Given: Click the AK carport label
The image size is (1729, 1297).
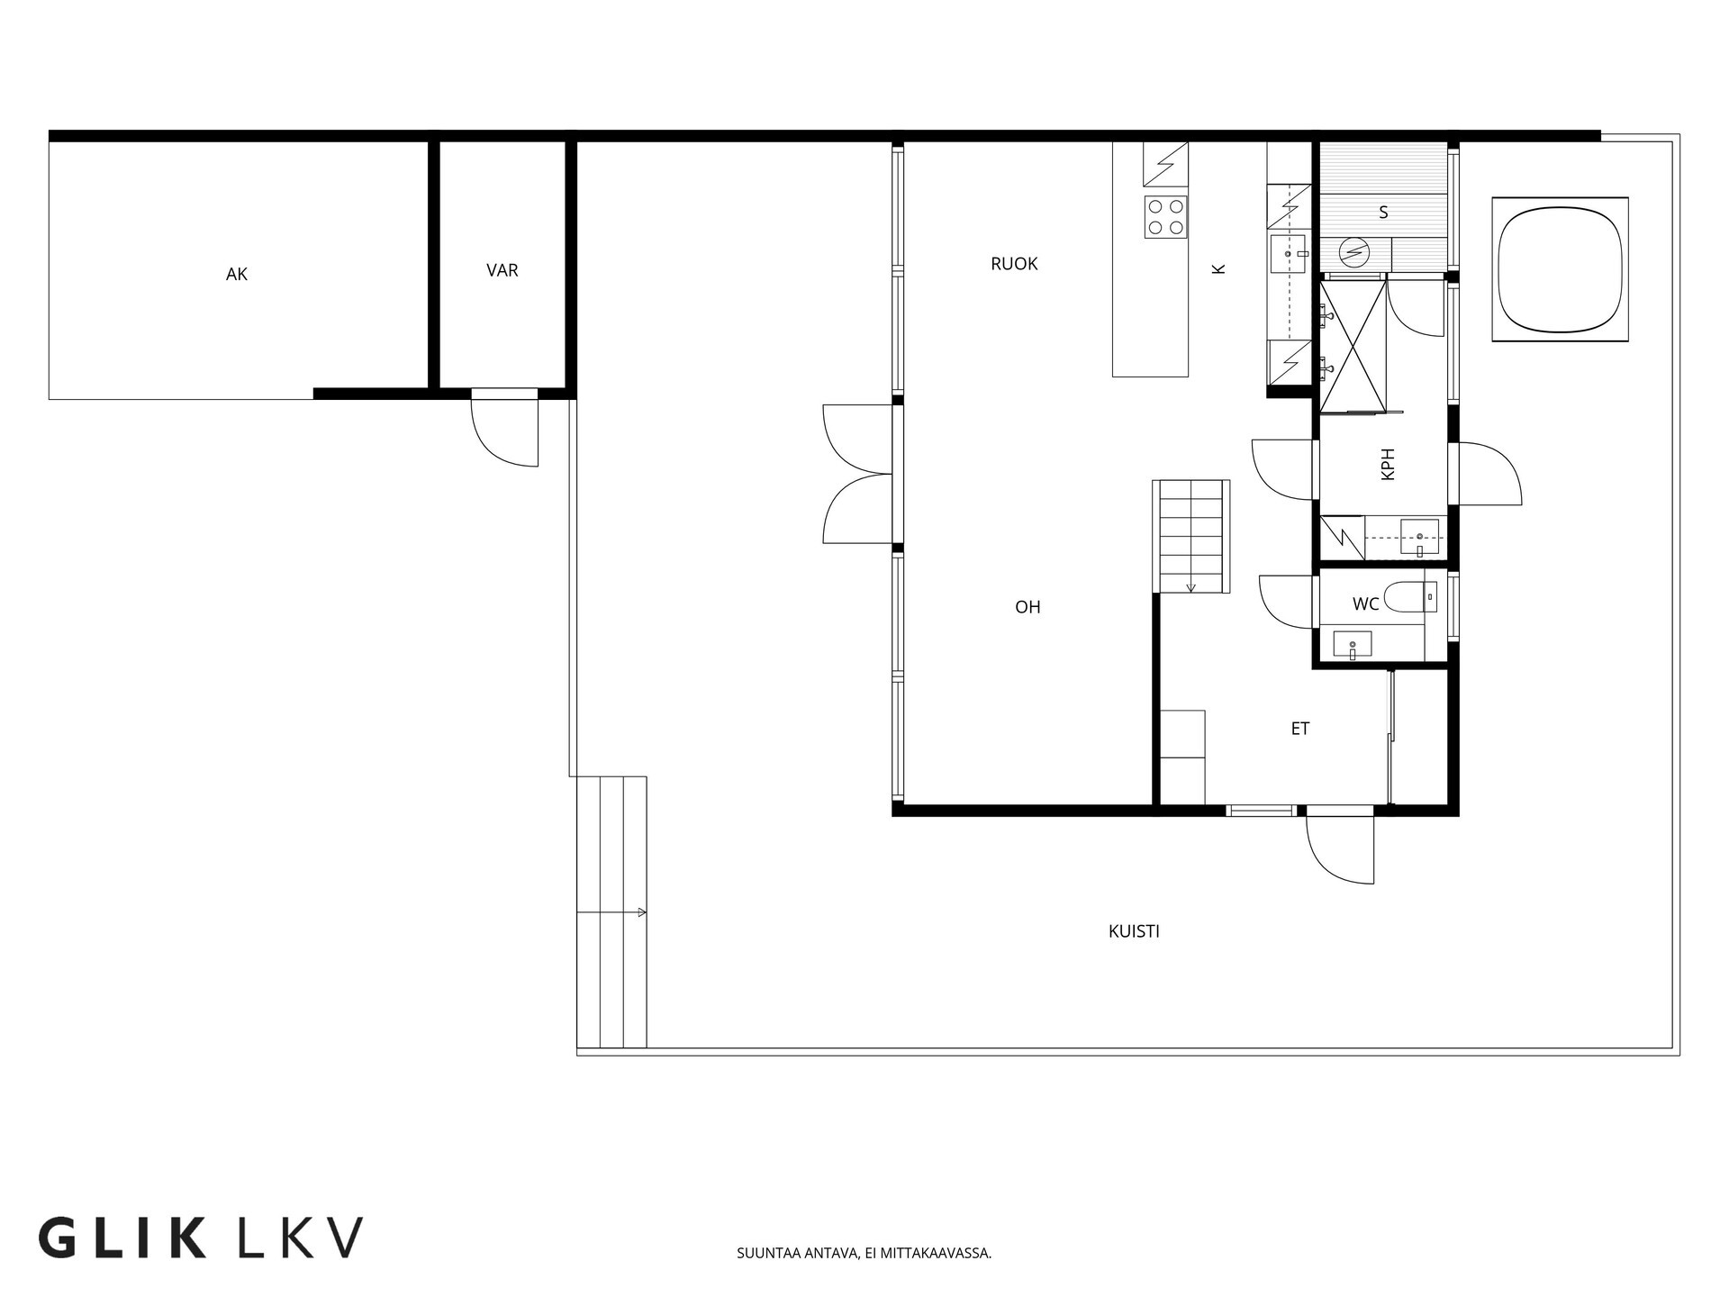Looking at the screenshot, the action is click(x=237, y=275).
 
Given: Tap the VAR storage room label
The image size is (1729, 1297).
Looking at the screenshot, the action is click(x=502, y=270).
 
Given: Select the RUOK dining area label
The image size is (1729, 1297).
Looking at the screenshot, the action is click(x=1014, y=264).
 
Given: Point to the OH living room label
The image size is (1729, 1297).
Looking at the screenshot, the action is click(x=1027, y=607).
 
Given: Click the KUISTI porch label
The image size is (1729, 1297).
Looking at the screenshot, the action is click(x=1134, y=931).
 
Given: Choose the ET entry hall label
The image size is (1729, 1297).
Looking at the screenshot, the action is click(x=1300, y=729).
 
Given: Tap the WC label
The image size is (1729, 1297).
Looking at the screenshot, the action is click(x=1365, y=604).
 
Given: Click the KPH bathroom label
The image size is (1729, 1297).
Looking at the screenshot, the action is click(x=1388, y=464).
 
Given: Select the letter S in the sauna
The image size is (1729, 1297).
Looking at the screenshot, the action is click(x=1383, y=213).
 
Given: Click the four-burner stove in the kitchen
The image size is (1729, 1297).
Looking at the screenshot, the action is click(x=1166, y=217).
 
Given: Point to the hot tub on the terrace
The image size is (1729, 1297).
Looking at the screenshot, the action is click(x=1560, y=269).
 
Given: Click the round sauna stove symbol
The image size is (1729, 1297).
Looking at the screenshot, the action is click(x=1353, y=252).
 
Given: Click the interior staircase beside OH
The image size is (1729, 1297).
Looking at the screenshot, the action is click(x=1191, y=537).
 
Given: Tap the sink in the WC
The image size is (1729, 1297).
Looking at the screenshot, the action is click(x=1353, y=645).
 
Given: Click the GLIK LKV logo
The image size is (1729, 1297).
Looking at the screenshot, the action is click(x=201, y=1238).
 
